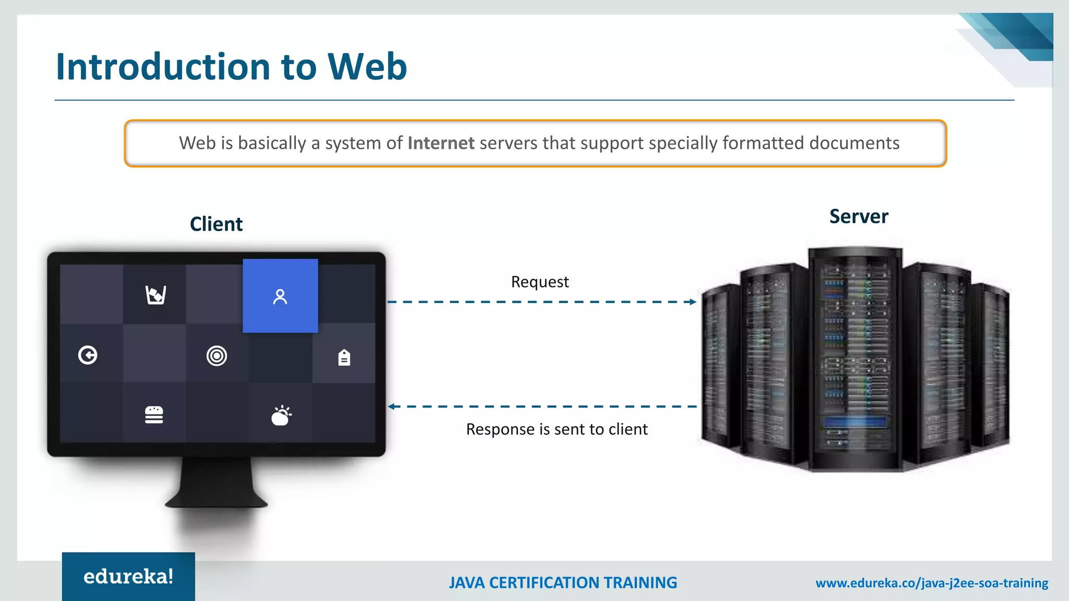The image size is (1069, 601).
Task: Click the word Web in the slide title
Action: coord(367,67)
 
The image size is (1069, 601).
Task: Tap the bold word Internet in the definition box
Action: coord(441,143)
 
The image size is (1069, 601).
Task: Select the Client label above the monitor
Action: coord(216,224)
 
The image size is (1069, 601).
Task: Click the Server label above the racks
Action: coord(859,217)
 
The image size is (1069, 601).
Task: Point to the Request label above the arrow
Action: coord(540,282)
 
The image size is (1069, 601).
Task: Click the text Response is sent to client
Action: coord(556,429)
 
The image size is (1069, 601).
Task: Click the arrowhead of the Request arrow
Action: coord(693,302)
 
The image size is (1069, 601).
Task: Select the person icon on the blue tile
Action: coord(280,296)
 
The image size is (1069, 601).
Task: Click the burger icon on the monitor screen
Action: coord(154,415)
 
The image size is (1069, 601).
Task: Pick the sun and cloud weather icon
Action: coord(281,415)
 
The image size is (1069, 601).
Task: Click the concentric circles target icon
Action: coord(217,356)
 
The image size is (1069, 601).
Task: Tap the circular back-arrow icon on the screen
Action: coord(88,355)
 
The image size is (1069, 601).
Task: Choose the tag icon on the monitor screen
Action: coord(344,357)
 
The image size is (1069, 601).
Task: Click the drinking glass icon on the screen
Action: coord(156,295)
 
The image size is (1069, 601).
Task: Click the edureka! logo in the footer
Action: coord(128,576)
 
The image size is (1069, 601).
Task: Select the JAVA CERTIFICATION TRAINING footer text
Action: coord(563,583)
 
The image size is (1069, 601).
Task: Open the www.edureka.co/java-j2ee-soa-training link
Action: coord(932,583)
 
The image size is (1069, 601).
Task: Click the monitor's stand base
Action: coord(216,501)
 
